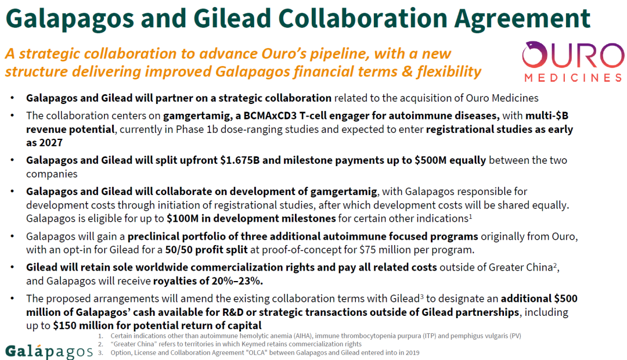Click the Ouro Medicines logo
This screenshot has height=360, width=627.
(x=573, y=61)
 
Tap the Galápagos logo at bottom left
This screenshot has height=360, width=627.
(x=49, y=352)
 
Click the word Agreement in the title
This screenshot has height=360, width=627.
(x=522, y=19)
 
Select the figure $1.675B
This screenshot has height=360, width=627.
(x=240, y=160)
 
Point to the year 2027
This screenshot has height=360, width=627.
(x=51, y=143)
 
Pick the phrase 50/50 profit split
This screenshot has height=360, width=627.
(x=206, y=250)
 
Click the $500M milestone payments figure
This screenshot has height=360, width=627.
(x=430, y=160)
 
